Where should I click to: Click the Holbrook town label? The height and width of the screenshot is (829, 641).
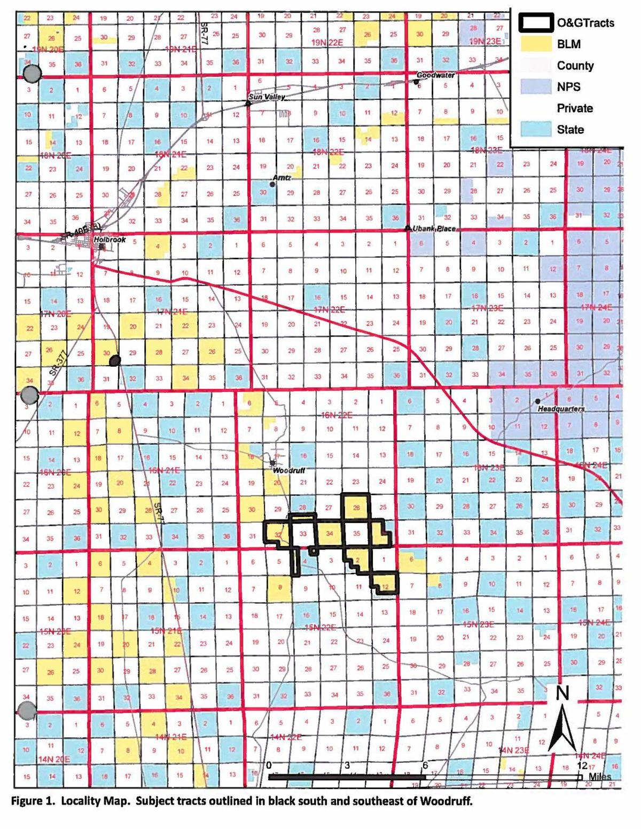[x=110, y=240]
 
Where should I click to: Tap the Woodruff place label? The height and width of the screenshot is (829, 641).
[x=288, y=471]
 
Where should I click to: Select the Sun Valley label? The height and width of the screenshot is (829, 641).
[x=267, y=97]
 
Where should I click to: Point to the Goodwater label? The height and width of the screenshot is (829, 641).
[x=435, y=75]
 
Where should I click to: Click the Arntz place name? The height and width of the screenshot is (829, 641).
[x=282, y=177]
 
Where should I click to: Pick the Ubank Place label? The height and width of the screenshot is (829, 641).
[x=434, y=228]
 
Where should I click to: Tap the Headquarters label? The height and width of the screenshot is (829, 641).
[x=561, y=409]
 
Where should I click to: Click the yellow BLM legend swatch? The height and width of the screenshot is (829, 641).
[x=535, y=44]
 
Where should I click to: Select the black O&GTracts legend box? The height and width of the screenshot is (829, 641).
[x=535, y=22]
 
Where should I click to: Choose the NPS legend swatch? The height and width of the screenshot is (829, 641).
[x=535, y=86]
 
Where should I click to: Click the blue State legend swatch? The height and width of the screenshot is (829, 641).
[x=535, y=129]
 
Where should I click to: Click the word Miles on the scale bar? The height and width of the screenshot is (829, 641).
[x=599, y=777]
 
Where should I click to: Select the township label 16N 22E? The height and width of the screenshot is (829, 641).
[x=337, y=415]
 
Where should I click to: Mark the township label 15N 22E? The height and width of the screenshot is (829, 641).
[x=320, y=627]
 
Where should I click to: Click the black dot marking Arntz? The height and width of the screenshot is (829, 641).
[x=272, y=184]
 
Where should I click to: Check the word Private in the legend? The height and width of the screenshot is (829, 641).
[x=575, y=108]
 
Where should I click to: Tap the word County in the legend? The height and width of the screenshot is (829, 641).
[x=575, y=65]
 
